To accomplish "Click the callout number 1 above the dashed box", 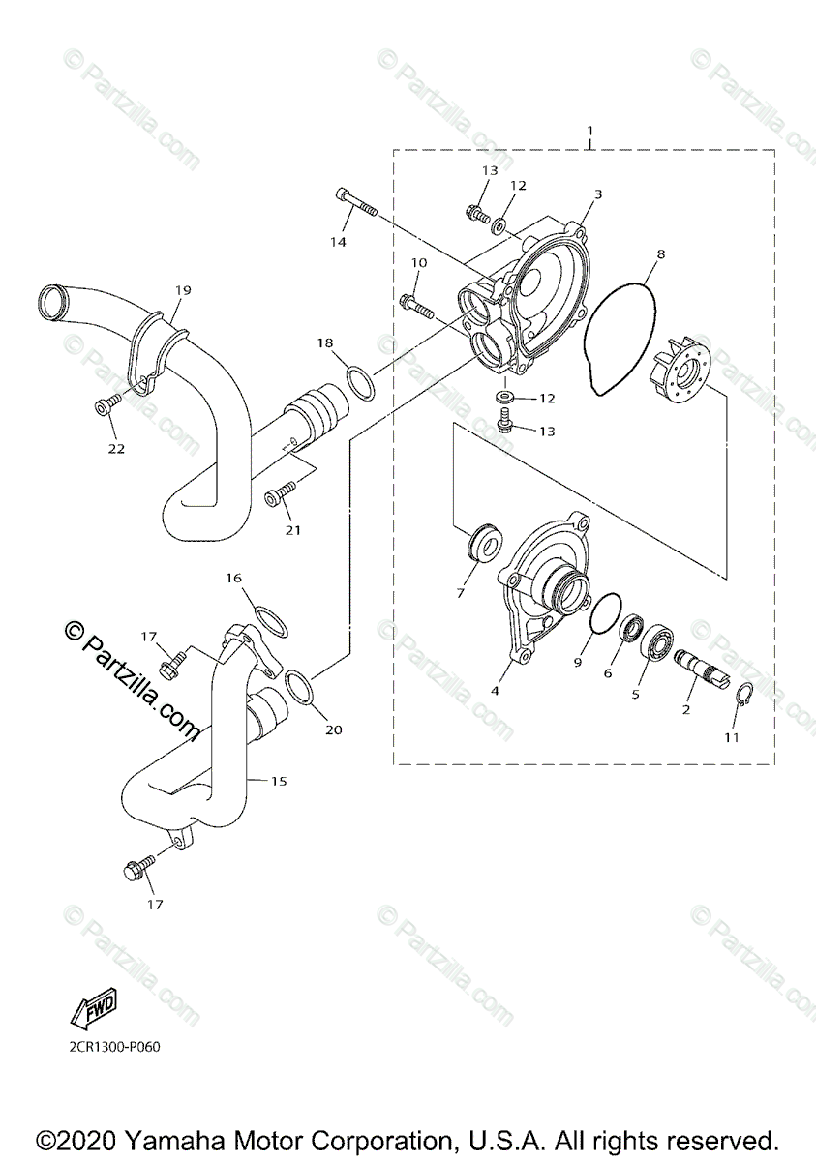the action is [590, 130].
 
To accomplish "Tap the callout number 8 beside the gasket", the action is [659, 255].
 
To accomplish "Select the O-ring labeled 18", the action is [360, 383].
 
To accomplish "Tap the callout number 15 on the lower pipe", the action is [278, 780].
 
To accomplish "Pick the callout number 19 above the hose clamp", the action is [183, 289].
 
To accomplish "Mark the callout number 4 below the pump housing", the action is [494, 691].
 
